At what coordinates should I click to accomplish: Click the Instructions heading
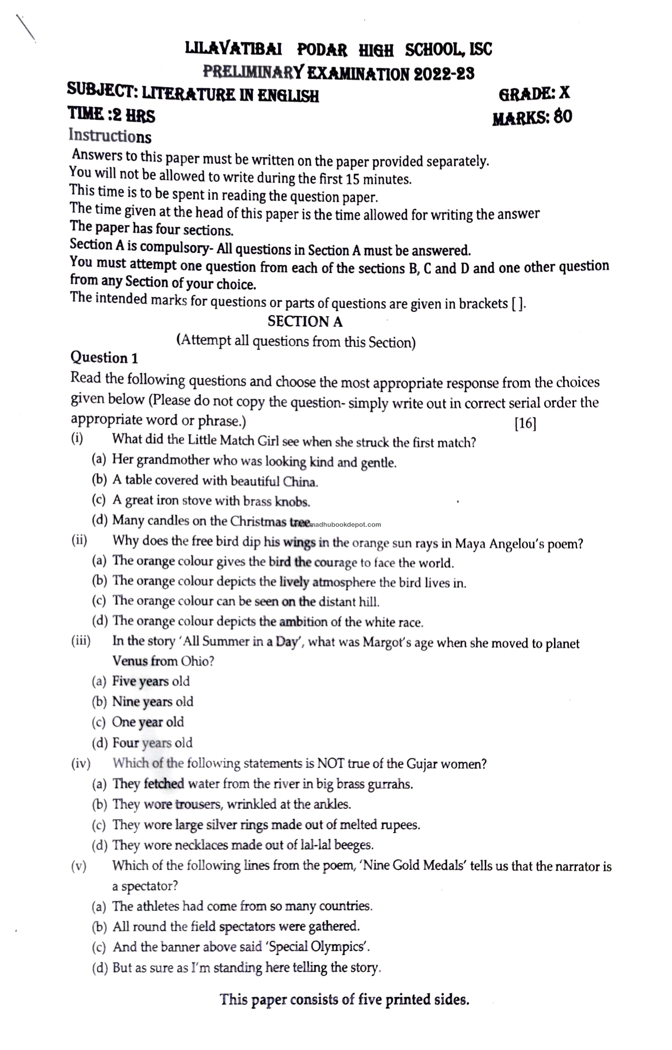[110, 136]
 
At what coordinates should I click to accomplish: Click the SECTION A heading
[305, 322]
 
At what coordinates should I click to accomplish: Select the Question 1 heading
[104, 358]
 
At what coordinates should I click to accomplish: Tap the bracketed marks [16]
[525, 423]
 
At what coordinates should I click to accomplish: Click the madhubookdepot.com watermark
[345, 525]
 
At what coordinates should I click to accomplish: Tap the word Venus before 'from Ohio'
[130, 661]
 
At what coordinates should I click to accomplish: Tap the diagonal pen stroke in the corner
[25, 28]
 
